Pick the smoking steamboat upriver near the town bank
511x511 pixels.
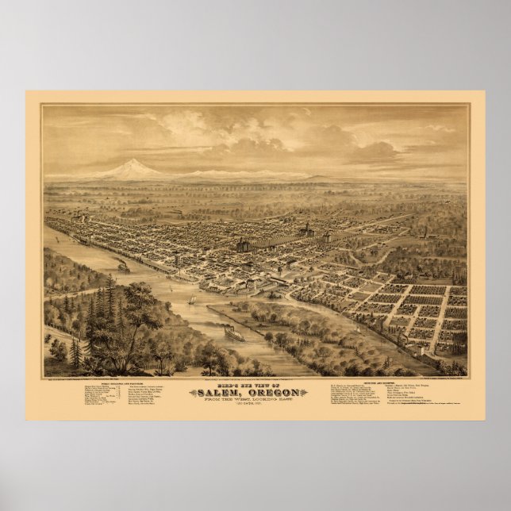[123, 267]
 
